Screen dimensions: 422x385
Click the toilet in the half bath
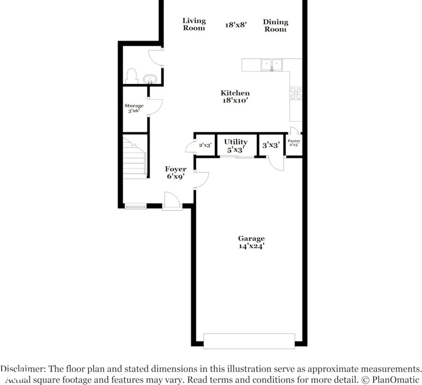coord(131,76)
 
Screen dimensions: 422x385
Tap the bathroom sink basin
coord(149,79)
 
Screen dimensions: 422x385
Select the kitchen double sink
coord(271,65)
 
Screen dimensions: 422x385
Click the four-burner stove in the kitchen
coord(296,93)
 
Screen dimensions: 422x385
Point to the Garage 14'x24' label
coord(251,242)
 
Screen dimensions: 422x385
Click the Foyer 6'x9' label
coord(176,172)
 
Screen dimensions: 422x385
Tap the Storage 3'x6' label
coord(134,108)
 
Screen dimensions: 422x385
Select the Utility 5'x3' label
coord(236,146)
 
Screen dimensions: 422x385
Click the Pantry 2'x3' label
coord(294,143)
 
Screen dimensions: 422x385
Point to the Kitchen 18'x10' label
coord(235,97)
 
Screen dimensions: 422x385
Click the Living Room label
coord(194,24)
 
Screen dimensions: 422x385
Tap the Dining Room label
coord(275,26)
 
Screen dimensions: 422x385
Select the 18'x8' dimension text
coord(236,25)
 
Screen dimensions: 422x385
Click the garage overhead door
coord(249,341)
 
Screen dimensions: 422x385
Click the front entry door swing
coord(172,201)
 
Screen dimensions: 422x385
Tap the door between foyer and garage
coord(201,180)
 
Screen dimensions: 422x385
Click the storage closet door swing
coord(155,107)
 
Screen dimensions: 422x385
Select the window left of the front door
coord(135,207)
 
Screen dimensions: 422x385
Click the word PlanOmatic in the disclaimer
coord(396,380)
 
